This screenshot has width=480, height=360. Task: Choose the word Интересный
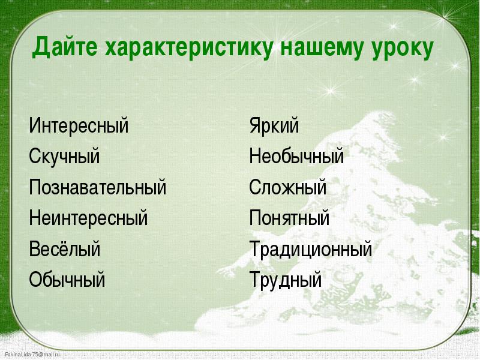point(79,125)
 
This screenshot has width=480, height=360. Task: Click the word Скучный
point(64,156)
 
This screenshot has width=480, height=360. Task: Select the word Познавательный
point(98,187)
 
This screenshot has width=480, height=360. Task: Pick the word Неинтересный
point(88,218)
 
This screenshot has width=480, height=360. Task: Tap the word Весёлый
point(65,248)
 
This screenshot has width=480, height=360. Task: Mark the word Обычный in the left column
point(67,279)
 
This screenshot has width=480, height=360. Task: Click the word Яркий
point(274,125)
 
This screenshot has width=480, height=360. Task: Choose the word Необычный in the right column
point(296,156)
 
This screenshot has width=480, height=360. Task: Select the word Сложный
point(288,187)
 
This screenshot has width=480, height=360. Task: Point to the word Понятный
point(289,218)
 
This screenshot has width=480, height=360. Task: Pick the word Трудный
point(286,280)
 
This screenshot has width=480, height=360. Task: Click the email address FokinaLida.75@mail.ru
point(32,355)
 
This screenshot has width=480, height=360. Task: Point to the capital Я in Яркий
point(256,125)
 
